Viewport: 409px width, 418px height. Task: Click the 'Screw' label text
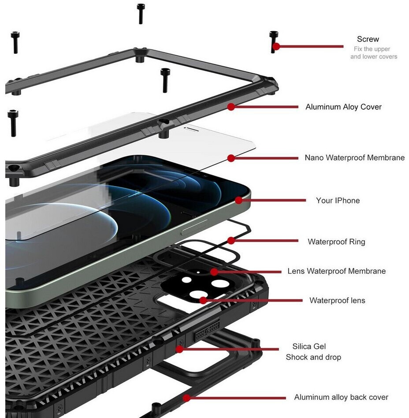(x=368, y=39)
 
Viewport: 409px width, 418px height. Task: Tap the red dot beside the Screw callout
(x=276, y=46)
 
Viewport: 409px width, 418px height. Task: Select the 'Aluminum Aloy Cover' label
(x=343, y=107)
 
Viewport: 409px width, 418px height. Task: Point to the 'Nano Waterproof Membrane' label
(x=354, y=157)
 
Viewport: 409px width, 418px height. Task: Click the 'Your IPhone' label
(x=338, y=200)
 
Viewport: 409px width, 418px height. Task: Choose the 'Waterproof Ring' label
(x=336, y=241)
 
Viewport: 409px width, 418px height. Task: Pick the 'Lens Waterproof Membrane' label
(x=336, y=271)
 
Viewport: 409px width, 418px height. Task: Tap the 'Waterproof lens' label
(x=337, y=300)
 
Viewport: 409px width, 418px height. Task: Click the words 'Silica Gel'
(x=309, y=347)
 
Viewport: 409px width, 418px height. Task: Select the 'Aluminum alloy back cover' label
(x=341, y=397)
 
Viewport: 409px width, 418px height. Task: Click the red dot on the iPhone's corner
(x=238, y=200)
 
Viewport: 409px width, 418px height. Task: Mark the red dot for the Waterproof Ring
(x=231, y=241)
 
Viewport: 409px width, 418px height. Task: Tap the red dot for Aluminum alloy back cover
(x=186, y=398)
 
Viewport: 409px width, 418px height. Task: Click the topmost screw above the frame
(x=141, y=13)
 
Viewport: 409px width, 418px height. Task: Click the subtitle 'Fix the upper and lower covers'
(x=373, y=53)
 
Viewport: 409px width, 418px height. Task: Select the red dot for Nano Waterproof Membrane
(x=231, y=158)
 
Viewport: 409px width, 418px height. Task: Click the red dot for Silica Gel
(x=179, y=349)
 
